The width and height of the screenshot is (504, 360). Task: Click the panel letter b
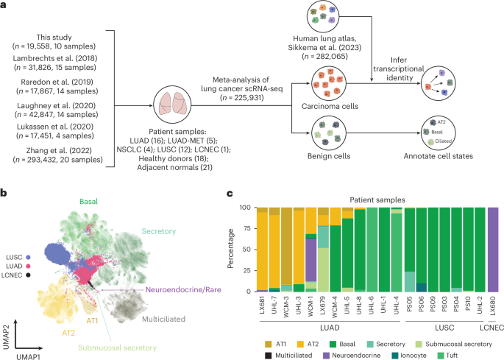5,194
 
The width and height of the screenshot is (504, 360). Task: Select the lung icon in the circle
171,104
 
